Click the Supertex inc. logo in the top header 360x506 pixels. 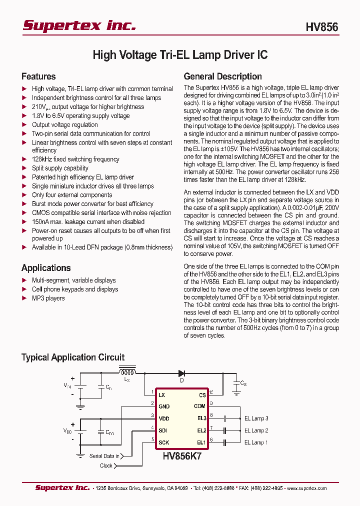tap(79, 25)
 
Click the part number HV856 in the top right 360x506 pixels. tap(322, 27)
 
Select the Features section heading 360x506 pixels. tap(38, 76)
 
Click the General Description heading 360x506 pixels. tap(222, 76)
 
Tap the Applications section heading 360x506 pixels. tap(46, 268)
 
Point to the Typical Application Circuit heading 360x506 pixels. tap(73, 357)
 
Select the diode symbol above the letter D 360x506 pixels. tap(182, 373)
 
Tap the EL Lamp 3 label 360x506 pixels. tap(256, 418)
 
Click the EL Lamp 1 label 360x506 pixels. tap(256, 442)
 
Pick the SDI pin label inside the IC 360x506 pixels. tap(163, 430)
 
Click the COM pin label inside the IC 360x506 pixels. tap(199, 406)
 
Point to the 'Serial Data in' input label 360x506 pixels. tap(104, 456)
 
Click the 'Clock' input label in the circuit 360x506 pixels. tap(106, 465)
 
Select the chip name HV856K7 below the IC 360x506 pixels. tap(182, 456)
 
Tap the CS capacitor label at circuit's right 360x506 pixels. tap(243, 383)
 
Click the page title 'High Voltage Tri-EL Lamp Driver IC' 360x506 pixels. tap(180, 55)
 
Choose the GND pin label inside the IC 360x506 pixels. tap(164, 406)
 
